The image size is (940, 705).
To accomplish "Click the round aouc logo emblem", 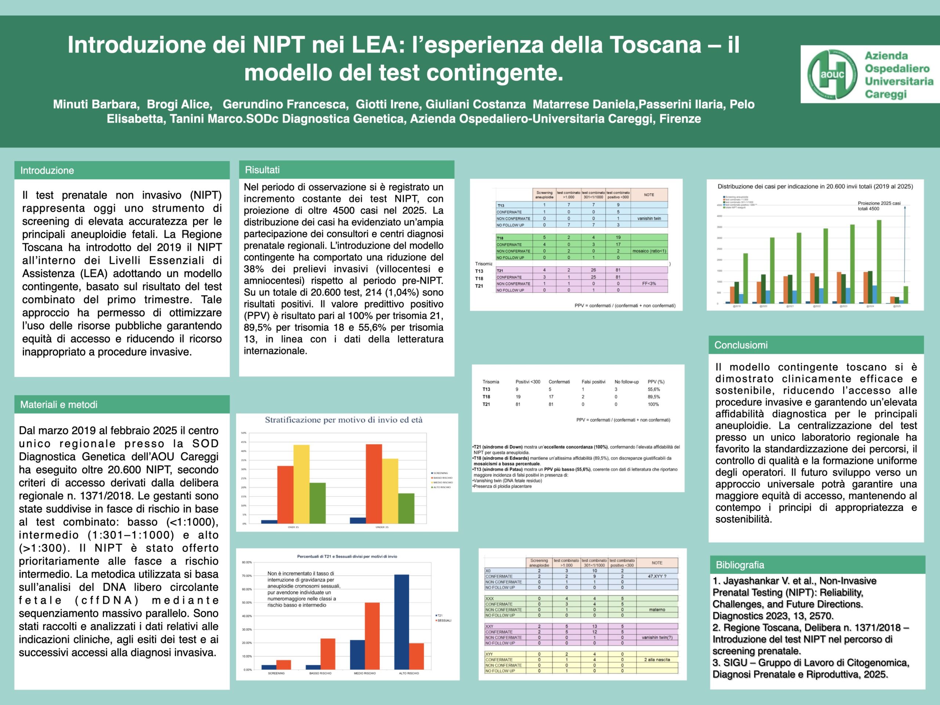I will pyautogui.click(x=832, y=75).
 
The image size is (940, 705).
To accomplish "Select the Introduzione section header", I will pyautogui.click(x=47, y=170).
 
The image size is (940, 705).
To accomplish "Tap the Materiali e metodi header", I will pyautogui.click(x=59, y=405).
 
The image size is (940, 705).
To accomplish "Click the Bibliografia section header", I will pyautogui.click(x=740, y=565).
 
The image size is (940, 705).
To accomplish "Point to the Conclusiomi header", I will pyautogui.click(x=741, y=345).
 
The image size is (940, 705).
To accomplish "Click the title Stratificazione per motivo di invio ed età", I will pyautogui.click(x=343, y=420).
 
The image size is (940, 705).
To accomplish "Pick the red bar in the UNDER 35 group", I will pyautogui.click(x=373, y=483).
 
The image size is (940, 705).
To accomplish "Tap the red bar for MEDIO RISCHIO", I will pyautogui.click(x=372, y=636).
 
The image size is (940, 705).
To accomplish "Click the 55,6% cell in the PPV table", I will pyautogui.click(x=654, y=389).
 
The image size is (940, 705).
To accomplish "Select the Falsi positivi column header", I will pyautogui.click(x=593, y=382).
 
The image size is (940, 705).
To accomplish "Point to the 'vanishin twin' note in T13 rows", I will pyautogui.click(x=649, y=218).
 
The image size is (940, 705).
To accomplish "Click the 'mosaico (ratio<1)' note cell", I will pyautogui.click(x=649, y=251).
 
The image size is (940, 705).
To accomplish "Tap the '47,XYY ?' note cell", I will pyautogui.click(x=657, y=576).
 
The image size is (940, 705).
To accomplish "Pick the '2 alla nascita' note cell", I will pyautogui.click(x=657, y=659).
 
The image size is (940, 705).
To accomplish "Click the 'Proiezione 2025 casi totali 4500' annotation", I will pyautogui.click(x=879, y=206).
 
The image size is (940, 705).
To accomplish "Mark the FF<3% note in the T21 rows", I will pyautogui.click(x=649, y=283).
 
